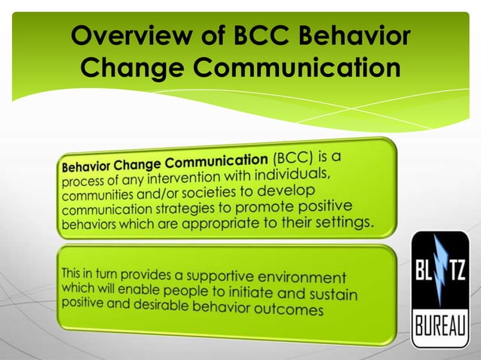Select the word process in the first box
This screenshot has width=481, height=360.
click(83, 183)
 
